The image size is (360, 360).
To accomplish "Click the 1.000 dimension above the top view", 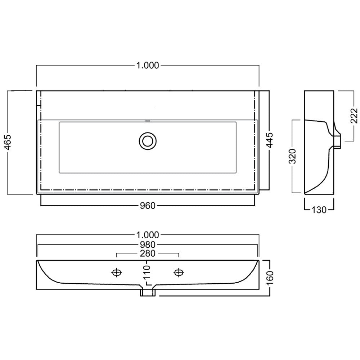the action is click(148, 66).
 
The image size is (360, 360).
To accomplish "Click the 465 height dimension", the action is click(8, 142).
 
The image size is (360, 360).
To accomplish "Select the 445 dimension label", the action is click(270, 140).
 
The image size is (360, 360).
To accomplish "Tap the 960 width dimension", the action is click(148, 206).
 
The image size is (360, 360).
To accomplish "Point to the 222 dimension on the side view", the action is click(354, 116).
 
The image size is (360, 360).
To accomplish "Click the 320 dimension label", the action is click(292, 156).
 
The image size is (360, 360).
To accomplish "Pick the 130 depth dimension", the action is click(319, 210).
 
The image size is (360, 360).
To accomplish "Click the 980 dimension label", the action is click(148, 245).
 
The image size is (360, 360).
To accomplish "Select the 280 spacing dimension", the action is click(148, 253).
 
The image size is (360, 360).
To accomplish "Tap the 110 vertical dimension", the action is click(147, 272).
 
